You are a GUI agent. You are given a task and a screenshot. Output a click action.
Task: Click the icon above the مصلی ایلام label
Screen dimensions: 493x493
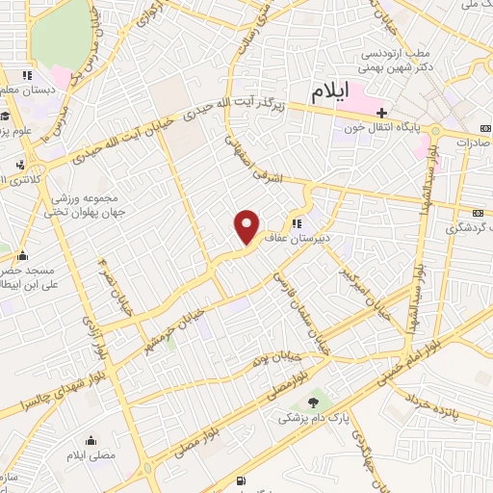click(x=90, y=434)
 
